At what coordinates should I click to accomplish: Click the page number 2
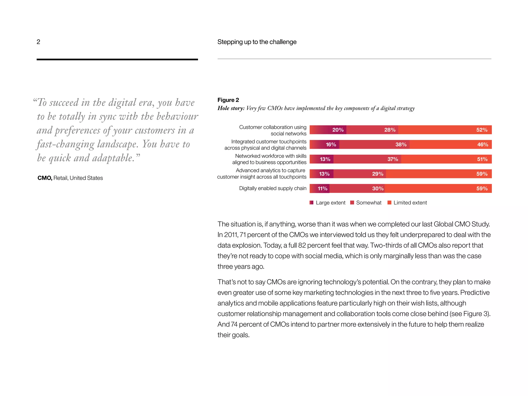[x=38, y=42]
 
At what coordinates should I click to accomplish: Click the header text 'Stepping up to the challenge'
[x=257, y=42]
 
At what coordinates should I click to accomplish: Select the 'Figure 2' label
[x=228, y=100]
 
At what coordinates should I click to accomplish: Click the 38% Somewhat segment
[x=374, y=144]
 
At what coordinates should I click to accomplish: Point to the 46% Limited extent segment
[x=451, y=144]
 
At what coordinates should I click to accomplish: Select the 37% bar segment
[x=367, y=159]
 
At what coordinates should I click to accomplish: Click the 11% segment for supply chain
[x=320, y=188]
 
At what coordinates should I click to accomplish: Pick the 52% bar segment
[x=445, y=130]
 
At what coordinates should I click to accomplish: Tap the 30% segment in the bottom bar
[x=357, y=188]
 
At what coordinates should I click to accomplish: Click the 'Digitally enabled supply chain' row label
[x=273, y=188]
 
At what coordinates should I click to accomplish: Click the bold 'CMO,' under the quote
[x=45, y=178]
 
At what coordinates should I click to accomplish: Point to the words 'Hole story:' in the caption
[x=231, y=108]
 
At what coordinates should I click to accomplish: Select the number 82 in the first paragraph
[x=302, y=245]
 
